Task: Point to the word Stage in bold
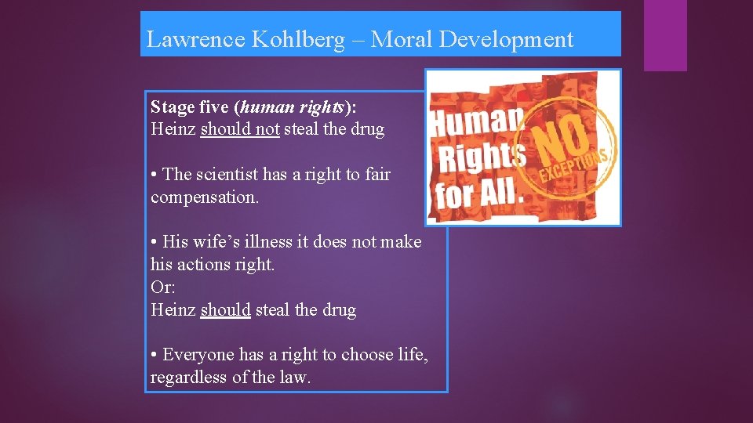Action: coord(172,107)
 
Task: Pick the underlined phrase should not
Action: coord(240,129)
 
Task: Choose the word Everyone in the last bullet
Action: coord(196,355)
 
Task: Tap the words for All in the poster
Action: coord(475,192)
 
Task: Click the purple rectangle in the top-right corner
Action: coord(665,35)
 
